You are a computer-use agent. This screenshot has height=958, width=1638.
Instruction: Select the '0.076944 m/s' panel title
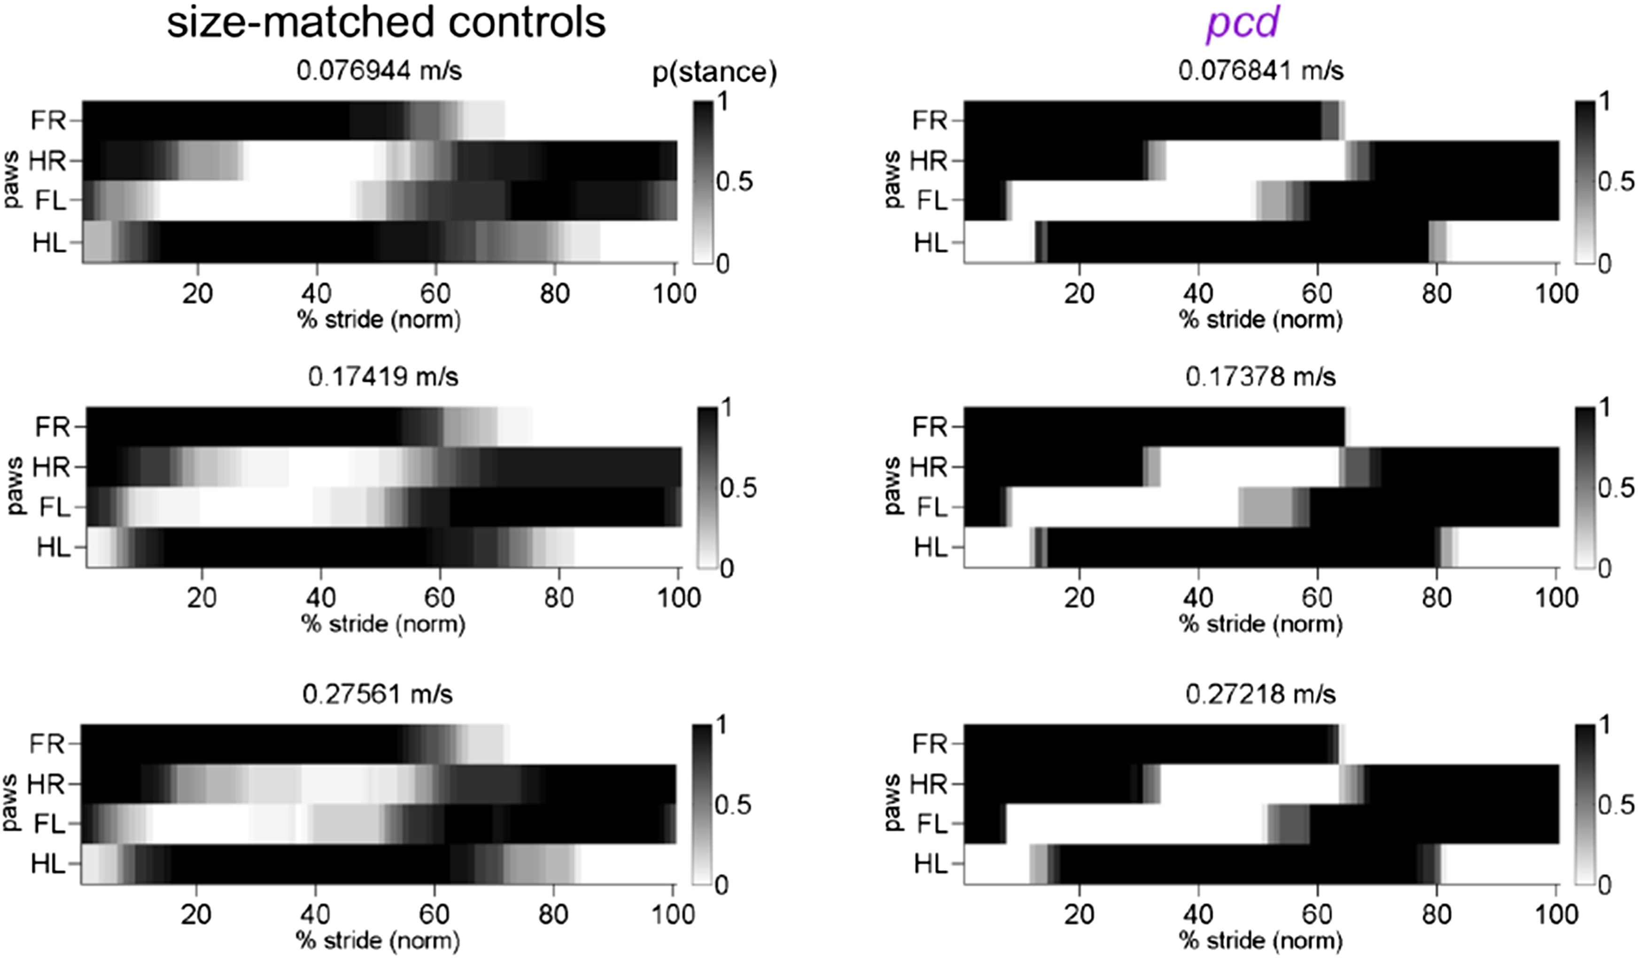[x=379, y=70]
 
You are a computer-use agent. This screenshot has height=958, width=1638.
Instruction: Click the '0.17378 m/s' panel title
[x=1260, y=376]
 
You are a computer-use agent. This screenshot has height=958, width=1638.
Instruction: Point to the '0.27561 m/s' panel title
[x=377, y=694]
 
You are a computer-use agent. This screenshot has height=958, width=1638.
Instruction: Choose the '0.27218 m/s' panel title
[x=1260, y=694]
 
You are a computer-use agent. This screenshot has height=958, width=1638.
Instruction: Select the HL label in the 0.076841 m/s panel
[x=931, y=242]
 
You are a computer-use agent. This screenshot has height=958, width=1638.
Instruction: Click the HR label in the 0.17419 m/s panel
[x=51, y=467]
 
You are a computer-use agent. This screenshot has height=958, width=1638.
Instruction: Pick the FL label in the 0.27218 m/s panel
[x=932, y=824]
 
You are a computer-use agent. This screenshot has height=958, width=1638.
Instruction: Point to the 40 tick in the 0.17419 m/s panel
[x=320, y=597]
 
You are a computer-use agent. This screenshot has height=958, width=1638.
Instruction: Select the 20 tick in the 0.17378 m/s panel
[x=1079, y=597]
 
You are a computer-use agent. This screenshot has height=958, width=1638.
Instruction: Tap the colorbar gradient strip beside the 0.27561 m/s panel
[x=701, y=804]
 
